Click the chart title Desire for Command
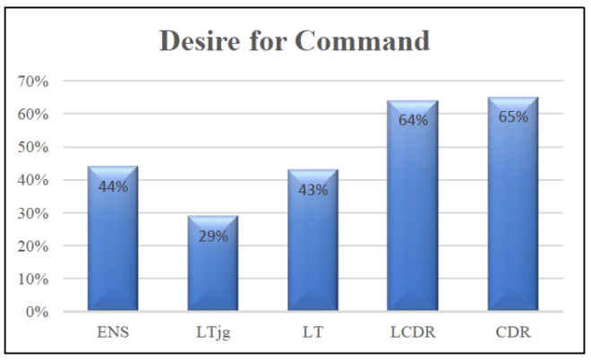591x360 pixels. coord(295,42)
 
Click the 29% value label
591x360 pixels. coord(212,236)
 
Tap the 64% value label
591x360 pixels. coord(413,120)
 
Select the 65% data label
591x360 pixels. coord(513,116)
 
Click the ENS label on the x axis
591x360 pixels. coord(112,332)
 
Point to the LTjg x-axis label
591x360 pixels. coord(212,333)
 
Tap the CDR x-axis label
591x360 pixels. coord(513,332)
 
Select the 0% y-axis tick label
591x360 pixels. coord(37,312)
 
